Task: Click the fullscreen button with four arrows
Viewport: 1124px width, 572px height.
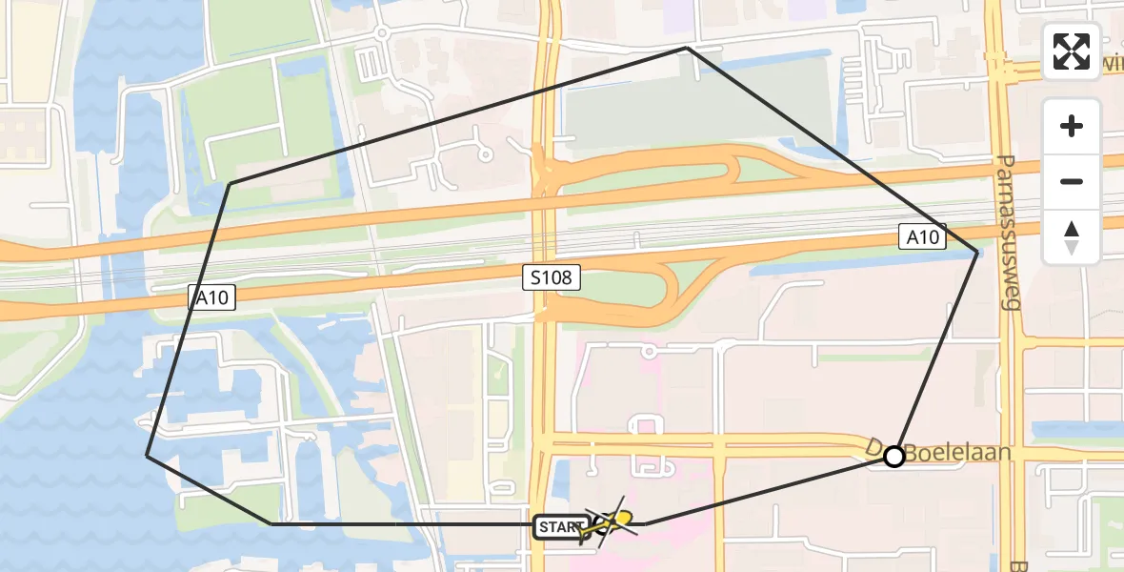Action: click(1072, 51)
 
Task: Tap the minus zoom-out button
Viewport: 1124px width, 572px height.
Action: click(1072, 181)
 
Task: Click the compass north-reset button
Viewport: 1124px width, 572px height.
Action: click(1072, 237)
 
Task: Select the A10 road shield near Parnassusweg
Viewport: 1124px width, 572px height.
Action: click(922, 237)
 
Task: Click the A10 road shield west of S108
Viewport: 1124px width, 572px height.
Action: click(211, 298)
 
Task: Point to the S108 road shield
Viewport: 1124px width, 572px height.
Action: click(551, 279)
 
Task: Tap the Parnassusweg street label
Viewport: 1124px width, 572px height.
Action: click(1009, 233)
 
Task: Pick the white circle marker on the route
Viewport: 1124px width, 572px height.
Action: click(893, 457)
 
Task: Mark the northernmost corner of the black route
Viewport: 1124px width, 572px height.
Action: click(687, 47)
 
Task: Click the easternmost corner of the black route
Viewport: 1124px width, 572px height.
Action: click(976, 252)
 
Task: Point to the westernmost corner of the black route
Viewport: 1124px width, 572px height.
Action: click(147, 455)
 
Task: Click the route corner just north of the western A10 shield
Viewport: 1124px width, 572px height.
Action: click(230, 183)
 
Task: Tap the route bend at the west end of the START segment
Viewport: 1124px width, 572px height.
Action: click(271, 523)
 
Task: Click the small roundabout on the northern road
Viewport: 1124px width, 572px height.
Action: click(381, 33)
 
